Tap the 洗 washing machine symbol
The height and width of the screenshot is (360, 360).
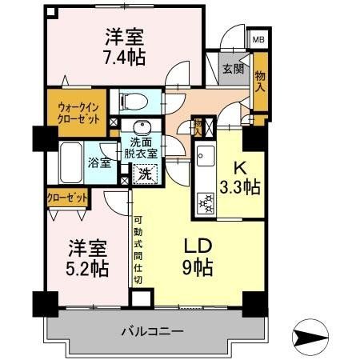[145, 170]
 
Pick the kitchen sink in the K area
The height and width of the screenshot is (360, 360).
[203, 157]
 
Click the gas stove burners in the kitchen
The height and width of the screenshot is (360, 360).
[203, 202]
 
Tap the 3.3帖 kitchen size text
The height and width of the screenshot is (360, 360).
[240, 188]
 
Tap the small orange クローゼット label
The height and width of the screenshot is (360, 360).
[66, 195]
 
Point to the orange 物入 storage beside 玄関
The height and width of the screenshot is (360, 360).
[259, 81]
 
